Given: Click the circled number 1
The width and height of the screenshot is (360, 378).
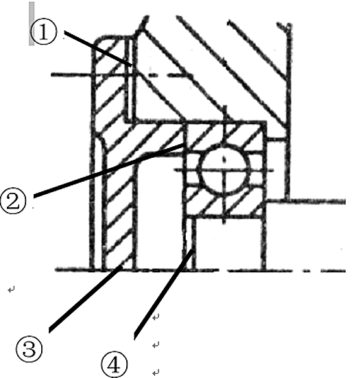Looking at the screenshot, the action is pos(44,32).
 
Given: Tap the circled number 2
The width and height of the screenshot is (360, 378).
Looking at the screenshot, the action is pos(13,201).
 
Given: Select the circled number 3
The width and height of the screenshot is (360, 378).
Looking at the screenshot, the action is pos(29,349).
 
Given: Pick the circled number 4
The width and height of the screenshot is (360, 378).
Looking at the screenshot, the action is pos(114,364).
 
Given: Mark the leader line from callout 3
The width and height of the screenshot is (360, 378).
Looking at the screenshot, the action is pos(86,298).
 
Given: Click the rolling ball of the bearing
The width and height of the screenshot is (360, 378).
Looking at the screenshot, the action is pos(224,170).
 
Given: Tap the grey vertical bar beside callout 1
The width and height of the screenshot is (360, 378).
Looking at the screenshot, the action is pos(32,23).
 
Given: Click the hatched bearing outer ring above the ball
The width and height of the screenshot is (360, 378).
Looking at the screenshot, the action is pos(225,134).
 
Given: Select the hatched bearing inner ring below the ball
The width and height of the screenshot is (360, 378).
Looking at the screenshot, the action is pos(225,202).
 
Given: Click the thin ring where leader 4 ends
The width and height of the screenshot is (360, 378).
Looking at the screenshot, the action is pos(191,244).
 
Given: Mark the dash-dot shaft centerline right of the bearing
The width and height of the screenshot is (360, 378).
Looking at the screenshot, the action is pos(287,271).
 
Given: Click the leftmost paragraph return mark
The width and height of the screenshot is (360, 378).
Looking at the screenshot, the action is pos(12,290).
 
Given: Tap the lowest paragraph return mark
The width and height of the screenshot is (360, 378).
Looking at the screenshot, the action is pos(156,373).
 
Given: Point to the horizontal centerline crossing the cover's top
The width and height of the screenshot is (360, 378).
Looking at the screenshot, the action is pos(121,75).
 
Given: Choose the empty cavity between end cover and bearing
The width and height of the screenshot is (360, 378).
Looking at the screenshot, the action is pos(159,212).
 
